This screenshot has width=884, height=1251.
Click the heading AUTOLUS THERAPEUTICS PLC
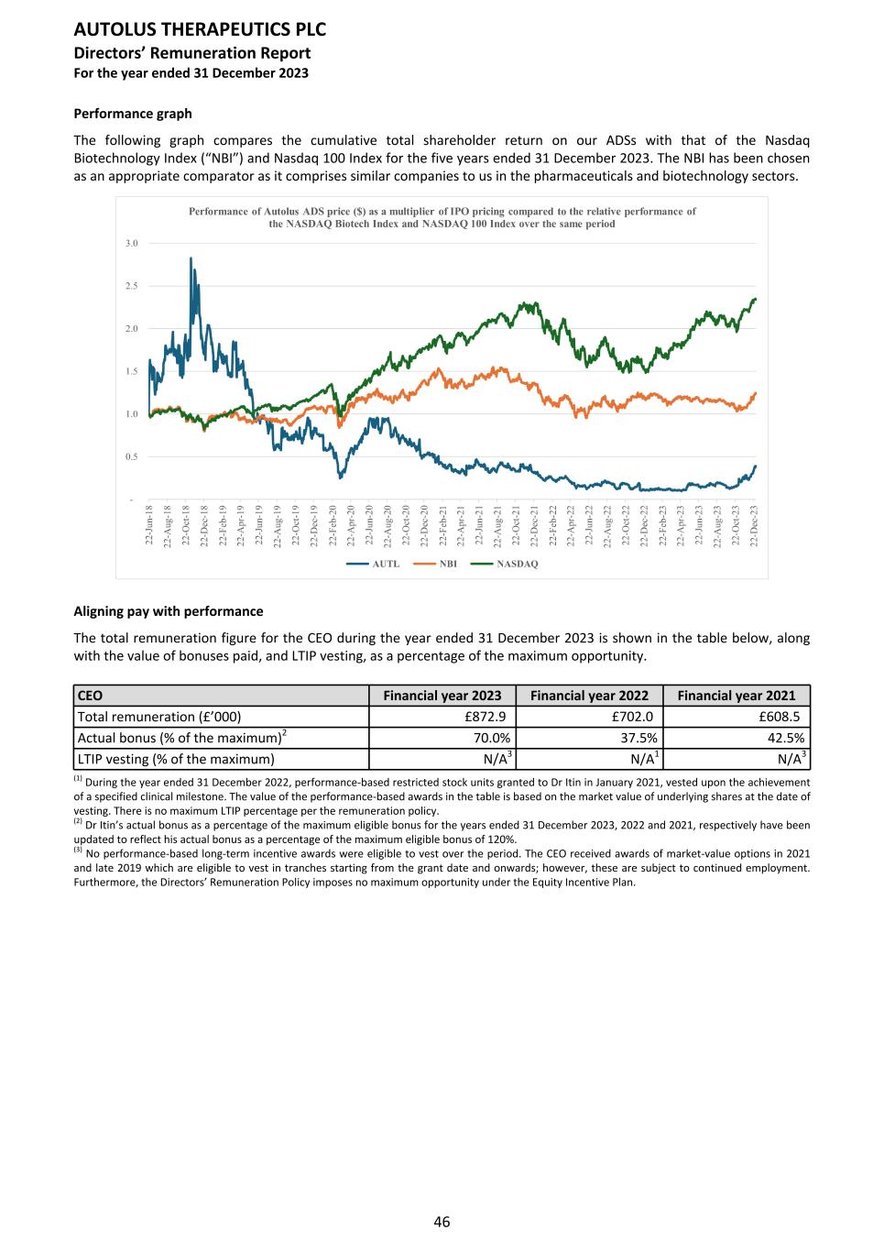[200, 29]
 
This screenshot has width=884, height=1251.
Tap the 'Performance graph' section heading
[133, 114]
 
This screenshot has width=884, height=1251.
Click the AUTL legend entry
[386, 564]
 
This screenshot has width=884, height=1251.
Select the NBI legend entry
[448, 564]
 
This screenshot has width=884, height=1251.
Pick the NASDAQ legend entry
[517, 564]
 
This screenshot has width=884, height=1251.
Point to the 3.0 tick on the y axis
[132, 243]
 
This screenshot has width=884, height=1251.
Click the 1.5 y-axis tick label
[132, 371]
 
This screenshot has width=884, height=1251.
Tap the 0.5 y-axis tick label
[132, 456]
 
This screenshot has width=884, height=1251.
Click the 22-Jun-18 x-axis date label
[149, 526]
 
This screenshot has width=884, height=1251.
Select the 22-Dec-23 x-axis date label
[754, 526]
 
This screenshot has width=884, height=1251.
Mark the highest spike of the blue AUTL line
[191, 259]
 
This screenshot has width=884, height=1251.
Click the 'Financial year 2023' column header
[442, 696]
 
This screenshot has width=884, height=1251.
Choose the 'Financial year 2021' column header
[737, 696]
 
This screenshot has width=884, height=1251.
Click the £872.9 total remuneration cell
[485, 717]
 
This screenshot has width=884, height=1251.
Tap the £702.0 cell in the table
[632, 717]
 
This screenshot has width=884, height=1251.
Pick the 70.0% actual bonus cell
[491, 738]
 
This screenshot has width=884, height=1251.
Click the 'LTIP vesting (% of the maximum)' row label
[176, 759]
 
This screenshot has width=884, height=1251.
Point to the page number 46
[442, 1222]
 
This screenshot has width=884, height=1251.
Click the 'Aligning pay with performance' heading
[168, 611]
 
